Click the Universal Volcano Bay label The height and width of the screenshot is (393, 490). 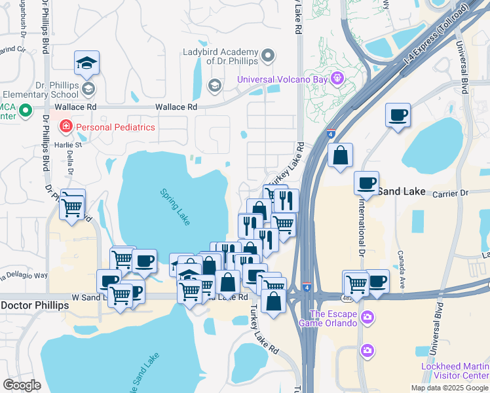[x=283, y=79]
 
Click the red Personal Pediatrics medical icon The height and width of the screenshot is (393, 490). [x=66, y=126]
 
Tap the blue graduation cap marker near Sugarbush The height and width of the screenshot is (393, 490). [x=86, y=62]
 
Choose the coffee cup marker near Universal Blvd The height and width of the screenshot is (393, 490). [x=398, y=115]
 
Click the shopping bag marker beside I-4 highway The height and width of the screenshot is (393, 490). [x=341, y=156]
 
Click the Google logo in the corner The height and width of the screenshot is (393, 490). [x=22, y=385]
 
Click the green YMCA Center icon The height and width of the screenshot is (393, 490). [x=26, y=111]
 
